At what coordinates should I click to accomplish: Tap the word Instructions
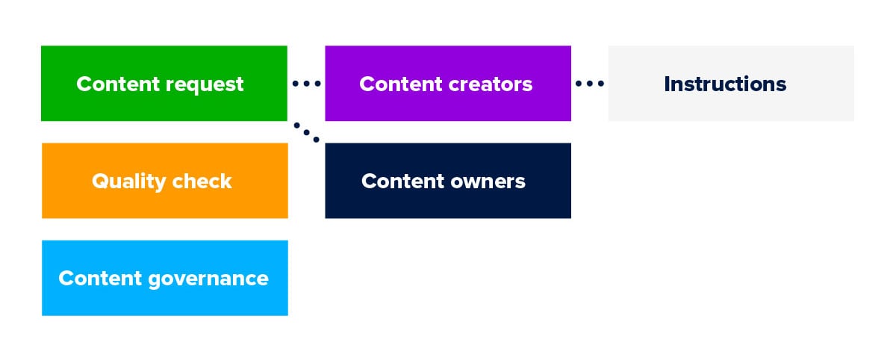point(725,84)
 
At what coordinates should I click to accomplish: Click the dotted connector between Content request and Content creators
point(306,84)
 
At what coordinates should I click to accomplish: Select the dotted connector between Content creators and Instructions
point(590,84)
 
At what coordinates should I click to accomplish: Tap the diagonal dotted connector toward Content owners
point(306,131)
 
